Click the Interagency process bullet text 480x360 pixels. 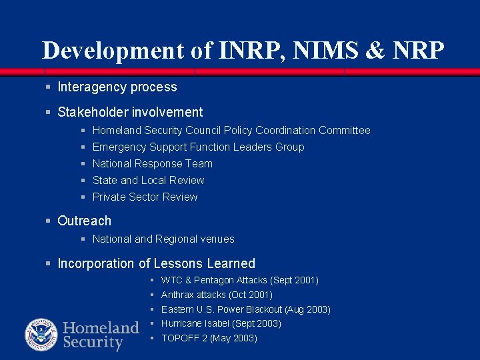(117, 87)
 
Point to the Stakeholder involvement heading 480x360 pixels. (130, 113)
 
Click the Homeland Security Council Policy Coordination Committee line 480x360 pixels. (231, 131)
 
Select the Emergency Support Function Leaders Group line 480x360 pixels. (198, 147)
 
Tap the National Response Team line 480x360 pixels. (153, 164)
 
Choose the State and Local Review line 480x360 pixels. (149, 181)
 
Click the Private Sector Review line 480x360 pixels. (145, 197)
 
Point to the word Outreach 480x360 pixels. (85, 221)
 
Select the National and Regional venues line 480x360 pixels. (163, 239)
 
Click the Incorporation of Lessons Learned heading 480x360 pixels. (157, 264)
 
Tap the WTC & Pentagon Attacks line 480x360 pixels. (240, 281)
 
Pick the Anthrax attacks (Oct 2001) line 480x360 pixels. (217, 295)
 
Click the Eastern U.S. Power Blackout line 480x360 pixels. (246, 309)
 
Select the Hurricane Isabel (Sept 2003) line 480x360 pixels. (221, 323)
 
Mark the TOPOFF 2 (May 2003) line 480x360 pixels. (209, 338)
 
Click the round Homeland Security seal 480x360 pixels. (41, 335)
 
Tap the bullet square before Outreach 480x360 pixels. (48, 221)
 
